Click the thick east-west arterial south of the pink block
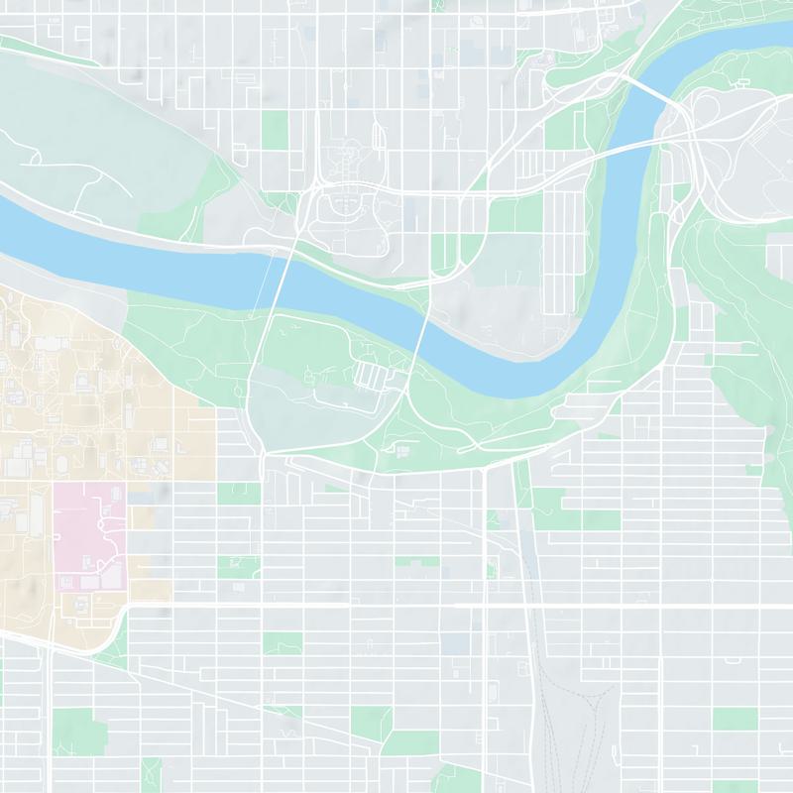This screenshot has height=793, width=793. point(396,605)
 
